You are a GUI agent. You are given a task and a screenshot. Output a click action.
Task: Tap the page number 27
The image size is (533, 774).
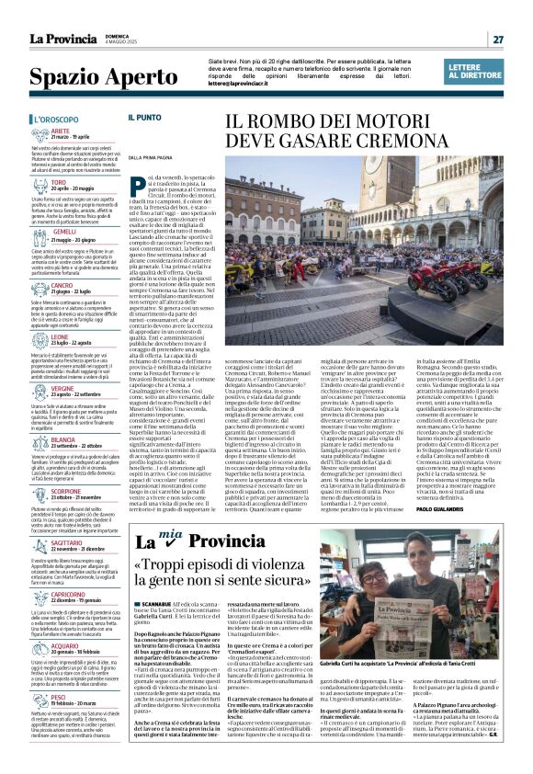point(497,40)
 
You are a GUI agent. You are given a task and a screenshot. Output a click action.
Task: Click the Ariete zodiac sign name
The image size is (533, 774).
point(61,131)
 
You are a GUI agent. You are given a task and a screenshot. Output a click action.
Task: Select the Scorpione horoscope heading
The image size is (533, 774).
point(65,490)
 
